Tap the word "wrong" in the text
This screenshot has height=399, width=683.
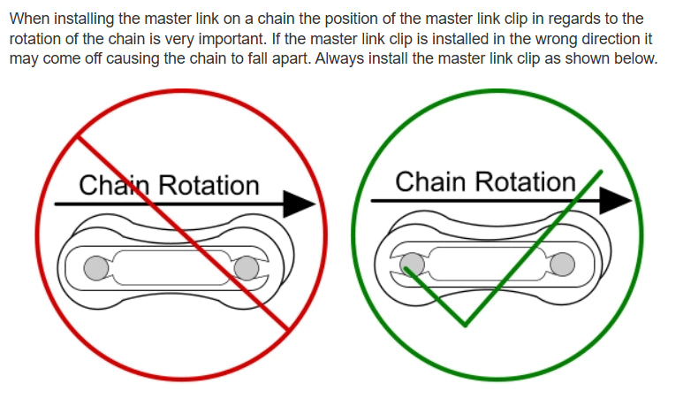(x=509, y=39)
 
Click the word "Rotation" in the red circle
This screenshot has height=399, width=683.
(x=208, y=186)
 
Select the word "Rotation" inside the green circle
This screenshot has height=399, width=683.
(x=525, y=182)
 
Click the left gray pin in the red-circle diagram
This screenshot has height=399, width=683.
(x=96, y=266)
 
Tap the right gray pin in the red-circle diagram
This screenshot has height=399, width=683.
(x=248, y=266)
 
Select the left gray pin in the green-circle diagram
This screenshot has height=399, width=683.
(x=412, y=263)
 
